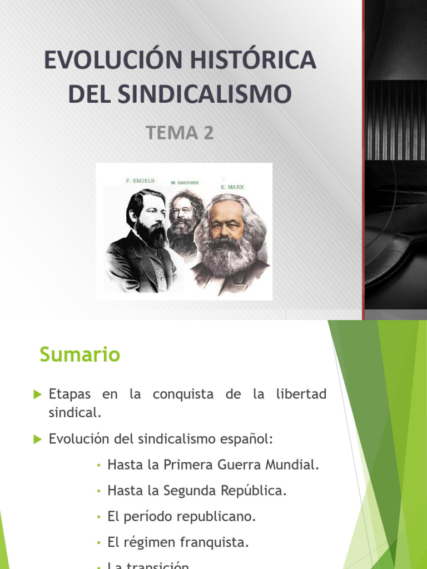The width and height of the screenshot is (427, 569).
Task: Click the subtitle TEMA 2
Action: [180, 133]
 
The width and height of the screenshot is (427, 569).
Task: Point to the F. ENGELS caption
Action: [140, 181]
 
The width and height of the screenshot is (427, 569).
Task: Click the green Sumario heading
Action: [80, 355]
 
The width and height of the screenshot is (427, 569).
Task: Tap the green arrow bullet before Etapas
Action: [38, 395]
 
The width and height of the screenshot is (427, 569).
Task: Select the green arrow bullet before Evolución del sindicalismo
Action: [38, 439]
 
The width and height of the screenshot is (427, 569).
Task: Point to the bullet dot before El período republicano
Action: [98, 517]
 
